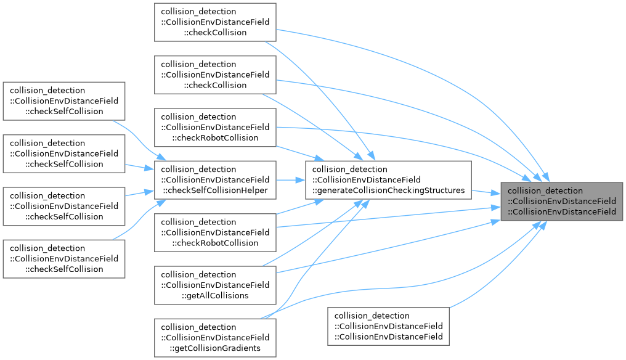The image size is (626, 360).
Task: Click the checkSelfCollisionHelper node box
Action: point(215,180)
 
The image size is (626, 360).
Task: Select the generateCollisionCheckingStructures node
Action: point(388,180)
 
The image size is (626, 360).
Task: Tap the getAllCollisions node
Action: point(215,285)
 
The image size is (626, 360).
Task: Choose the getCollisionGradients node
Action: point(215,338)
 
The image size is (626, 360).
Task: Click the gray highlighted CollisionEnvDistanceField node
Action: point(561,202)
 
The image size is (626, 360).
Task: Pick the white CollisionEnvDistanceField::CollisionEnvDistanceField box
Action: point(388,326)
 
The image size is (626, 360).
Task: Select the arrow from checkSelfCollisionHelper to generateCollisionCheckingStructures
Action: point(291,180)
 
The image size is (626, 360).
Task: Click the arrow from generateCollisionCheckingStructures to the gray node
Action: point(486,192)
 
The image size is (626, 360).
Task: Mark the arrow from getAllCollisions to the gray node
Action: point(388,247)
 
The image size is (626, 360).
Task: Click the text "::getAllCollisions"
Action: point(215,296)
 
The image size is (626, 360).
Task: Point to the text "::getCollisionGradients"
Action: point(215,348)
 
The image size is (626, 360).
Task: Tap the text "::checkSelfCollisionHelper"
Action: point(215,190)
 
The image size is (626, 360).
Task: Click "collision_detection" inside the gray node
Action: point(545,191)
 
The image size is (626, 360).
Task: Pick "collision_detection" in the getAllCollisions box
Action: point(198,274)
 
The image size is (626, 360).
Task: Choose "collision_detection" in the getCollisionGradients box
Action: point(198,327)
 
